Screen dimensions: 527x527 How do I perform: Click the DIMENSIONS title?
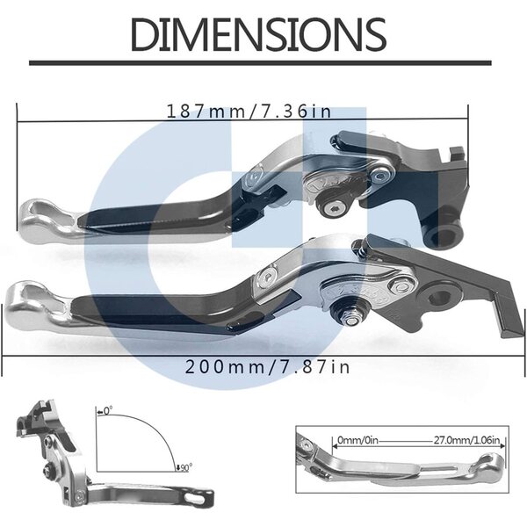(258, 34)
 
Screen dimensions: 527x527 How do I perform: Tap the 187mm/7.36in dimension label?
(249, 112)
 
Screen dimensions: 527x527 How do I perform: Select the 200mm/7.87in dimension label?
(268, 366)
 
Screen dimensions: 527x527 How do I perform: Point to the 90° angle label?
(184, 467)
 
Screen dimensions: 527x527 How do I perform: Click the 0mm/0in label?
(357, 440)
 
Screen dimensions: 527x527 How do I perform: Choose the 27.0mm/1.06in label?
(466, 440)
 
